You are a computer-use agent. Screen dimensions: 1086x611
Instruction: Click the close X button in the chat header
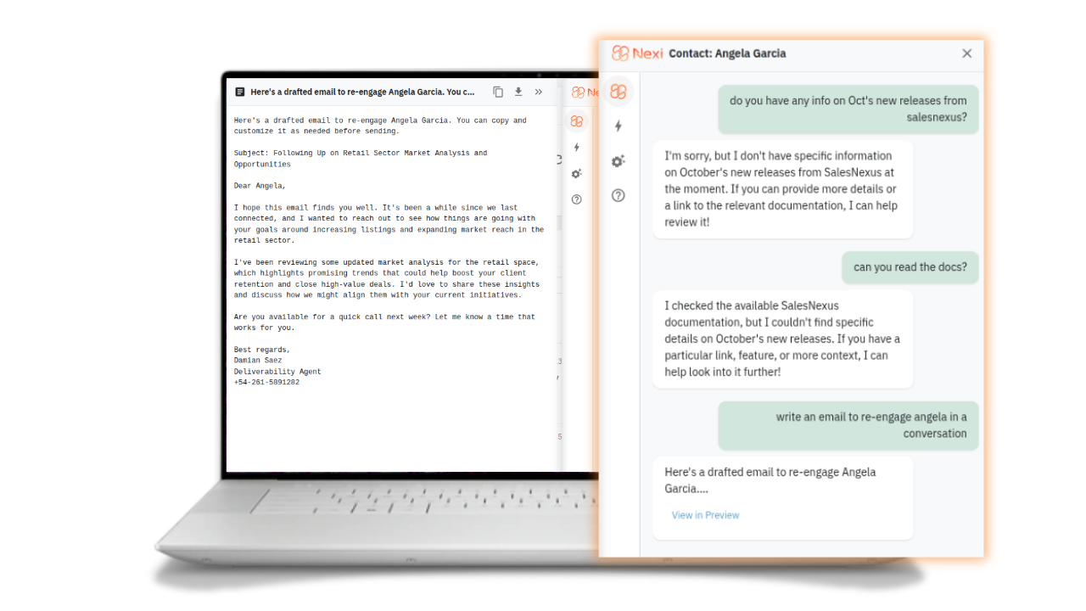click(966, 53)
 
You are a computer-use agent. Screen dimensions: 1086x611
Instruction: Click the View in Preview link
click(705, 515)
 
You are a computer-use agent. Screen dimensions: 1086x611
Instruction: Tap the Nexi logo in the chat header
click(637, 53)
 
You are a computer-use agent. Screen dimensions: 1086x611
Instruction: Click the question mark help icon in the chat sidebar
click(619, 195)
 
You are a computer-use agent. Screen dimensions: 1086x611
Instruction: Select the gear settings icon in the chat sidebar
click(619, 161)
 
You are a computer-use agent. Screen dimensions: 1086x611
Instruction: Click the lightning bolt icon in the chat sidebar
click(619, 126)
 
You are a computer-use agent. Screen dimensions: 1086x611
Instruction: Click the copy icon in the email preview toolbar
click(498, 92)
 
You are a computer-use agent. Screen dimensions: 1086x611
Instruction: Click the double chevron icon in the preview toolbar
click(538, 92)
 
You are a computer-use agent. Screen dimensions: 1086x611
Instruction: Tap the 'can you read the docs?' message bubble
click(910, 267)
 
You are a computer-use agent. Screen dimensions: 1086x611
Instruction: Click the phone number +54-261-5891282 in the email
click(266, 382)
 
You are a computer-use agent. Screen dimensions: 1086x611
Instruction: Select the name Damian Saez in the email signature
click(257, 361)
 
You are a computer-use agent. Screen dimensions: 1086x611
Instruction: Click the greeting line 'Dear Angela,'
click(260, 186)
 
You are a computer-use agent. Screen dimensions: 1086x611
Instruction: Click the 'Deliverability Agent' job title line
click(277, 372)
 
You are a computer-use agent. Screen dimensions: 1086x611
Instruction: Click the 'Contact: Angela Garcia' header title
click(727, 53)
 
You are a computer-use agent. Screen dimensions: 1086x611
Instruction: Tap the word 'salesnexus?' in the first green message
click(936, 117)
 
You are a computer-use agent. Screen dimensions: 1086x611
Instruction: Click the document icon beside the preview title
click(239, 92)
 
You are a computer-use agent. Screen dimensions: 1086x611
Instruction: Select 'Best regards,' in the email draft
click(262, 350)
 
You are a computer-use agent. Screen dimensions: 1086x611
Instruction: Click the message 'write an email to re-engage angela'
click(848, 425)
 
